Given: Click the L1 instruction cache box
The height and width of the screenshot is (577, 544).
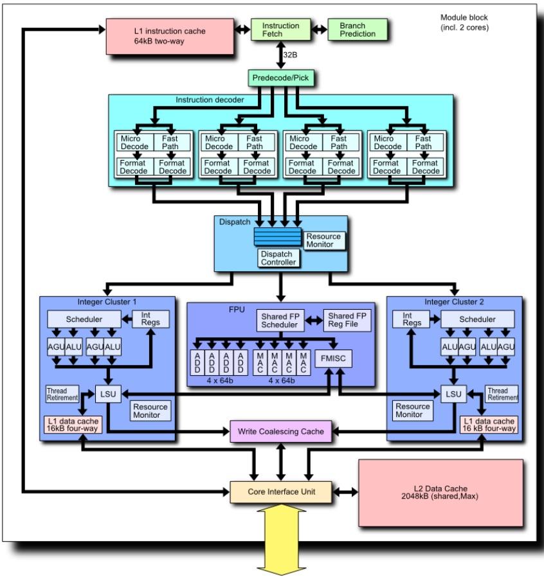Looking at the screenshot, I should [170, 36].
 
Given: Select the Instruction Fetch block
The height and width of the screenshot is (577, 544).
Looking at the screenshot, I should [281, 30].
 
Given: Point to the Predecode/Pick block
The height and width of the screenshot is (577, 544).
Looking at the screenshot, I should [282, 78].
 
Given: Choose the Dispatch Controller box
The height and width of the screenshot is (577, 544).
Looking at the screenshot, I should [278, 258].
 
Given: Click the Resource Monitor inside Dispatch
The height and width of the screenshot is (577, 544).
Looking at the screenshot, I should [323, 241].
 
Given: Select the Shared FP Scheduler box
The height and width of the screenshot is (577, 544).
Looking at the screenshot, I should [280, 320].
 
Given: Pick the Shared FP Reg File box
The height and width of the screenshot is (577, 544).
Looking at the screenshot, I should [347, 320].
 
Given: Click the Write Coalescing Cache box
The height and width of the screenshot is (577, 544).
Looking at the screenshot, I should [281, 431].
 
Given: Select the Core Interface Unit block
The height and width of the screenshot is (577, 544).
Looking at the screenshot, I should [281, 492].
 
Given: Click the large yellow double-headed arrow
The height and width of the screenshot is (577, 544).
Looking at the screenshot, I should [281, 538].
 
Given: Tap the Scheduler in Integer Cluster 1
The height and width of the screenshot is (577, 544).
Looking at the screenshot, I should [84, 319].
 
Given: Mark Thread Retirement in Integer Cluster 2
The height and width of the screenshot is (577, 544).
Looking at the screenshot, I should [502, 394].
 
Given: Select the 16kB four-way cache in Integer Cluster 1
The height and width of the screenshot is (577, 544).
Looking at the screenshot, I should [73, 424].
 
